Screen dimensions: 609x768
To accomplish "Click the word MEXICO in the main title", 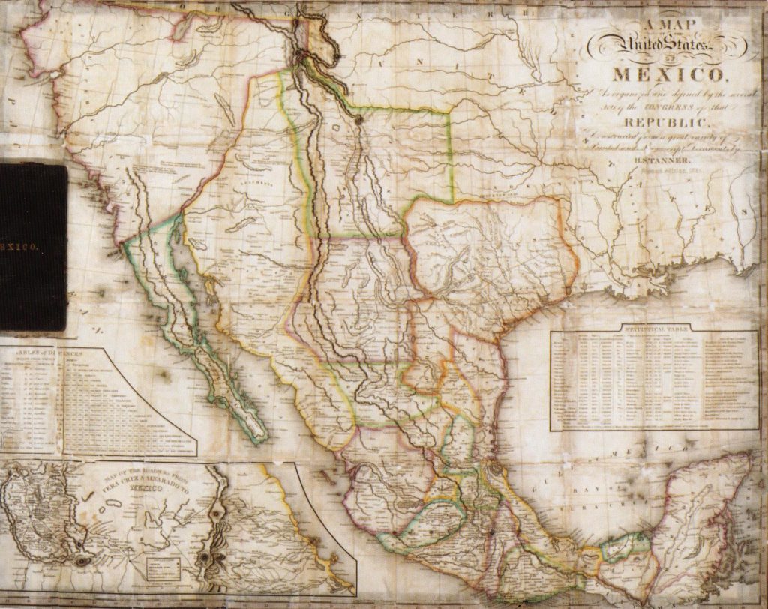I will coord(669,76).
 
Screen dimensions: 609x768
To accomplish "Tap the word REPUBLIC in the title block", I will coord(667,122).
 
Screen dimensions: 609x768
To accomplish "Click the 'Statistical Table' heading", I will coord(654,328).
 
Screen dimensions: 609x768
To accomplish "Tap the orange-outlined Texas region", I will coord(487,247).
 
